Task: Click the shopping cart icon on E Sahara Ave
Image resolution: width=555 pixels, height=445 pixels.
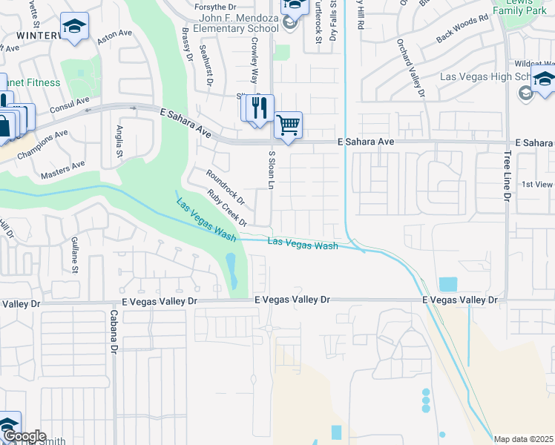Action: pyautogui.click(x=288, y=125)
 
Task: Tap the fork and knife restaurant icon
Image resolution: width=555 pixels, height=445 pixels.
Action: pyautogui.click(x=260, y=108)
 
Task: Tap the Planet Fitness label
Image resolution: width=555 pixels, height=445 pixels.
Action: pyautogui.click(x=31, y=82)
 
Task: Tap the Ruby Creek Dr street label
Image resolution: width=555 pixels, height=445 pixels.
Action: pyautogui.click(x=227, y=208)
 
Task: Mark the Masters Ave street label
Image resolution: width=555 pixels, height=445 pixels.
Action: pyautogui.click(x=63, y=169)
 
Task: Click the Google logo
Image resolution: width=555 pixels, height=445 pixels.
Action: pyautogui.click(x=24, y=436)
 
